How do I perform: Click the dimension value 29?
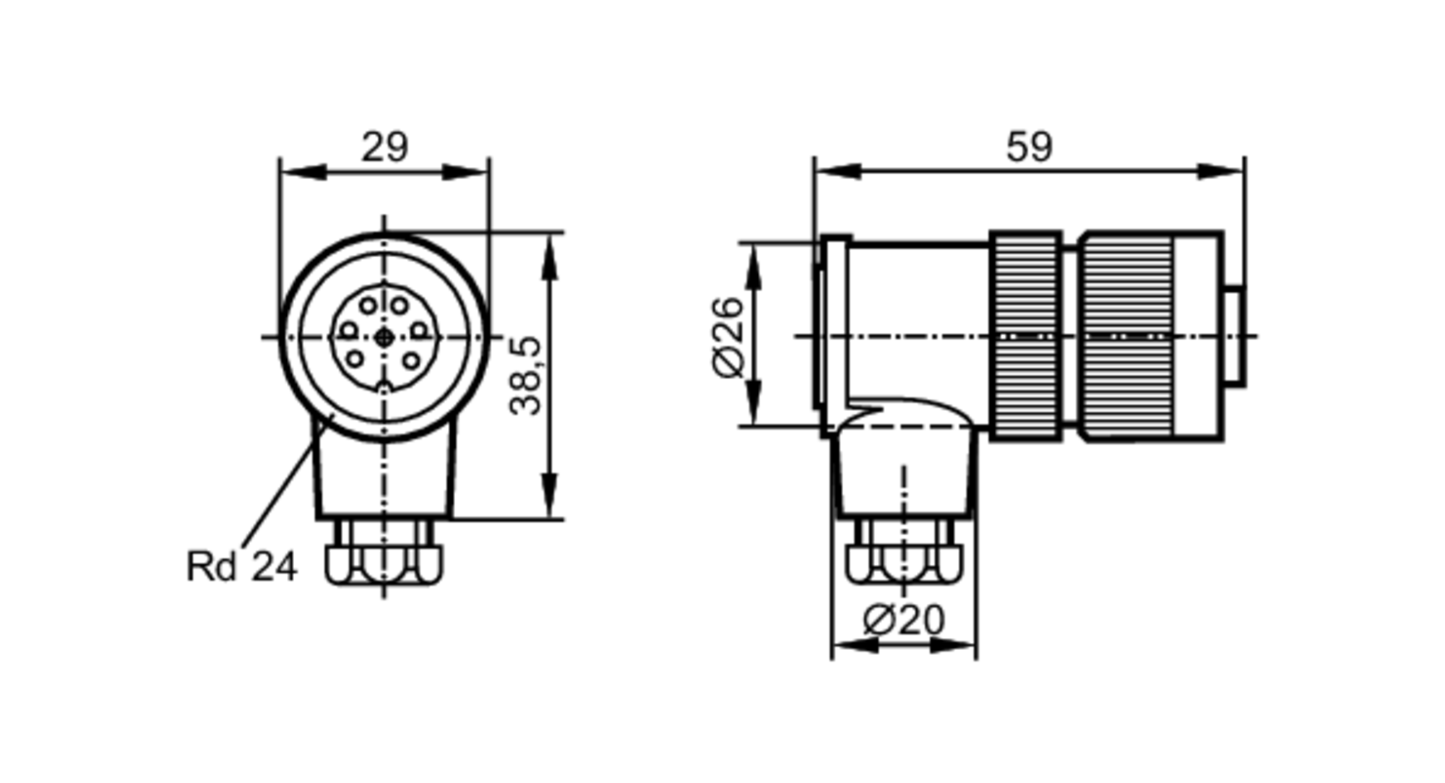pyautogui.click(x=384, y=147)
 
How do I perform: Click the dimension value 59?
pyautogui.click(x=1029, y=147)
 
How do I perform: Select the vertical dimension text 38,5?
pyautogui.click(x=526, y=376)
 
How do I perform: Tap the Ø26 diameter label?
pyautogui.click(x=728, y=337)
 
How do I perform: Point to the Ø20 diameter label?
pyautogui.click(x=903, y=620)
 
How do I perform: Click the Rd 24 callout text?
pyautogui.click(x=241, y=566)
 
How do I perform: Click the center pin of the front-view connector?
pyautogui.click(x=384, y=337)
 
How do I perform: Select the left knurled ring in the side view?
pyautogui.click(x=1026, y=337)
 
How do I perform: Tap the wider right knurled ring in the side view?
pyautogui.click(x=1127, y=337)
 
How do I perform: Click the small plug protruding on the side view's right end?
pyautogui.click(x=1234, y=337)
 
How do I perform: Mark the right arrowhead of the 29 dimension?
pyautogui.click(x=467, y=173)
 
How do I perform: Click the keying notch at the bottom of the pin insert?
pyautogui.click(x=384, y=389)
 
